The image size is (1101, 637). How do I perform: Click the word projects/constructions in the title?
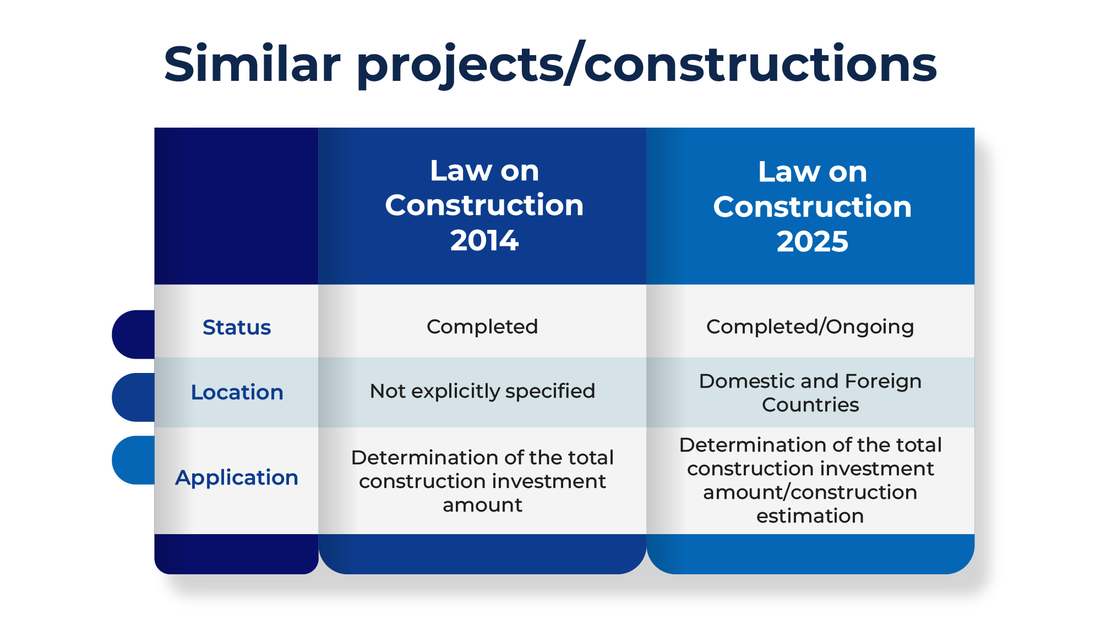tap(647, 65)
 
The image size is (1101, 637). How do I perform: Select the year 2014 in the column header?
tap(484, 240)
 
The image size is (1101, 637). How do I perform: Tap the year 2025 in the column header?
tap(813, 241)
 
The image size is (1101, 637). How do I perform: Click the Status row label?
tap(237, 327)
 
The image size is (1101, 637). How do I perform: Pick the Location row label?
tap(237, 392)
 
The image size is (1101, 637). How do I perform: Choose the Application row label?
tap(237, 478)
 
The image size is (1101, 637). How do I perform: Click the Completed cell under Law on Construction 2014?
tap(482, 327)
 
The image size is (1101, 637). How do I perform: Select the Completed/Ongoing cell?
tap(810, 327)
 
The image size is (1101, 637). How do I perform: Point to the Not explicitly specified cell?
tap(482, 391)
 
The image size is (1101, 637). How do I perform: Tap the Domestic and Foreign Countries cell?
tap(810, 393)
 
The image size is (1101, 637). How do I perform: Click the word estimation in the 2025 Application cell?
tap(810, 516)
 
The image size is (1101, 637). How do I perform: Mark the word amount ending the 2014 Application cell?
tap(482, 505)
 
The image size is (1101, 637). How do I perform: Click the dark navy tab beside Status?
tap(133, 334)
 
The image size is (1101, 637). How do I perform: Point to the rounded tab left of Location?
tap(133, 397)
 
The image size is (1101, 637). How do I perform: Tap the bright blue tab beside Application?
tap(133, 460)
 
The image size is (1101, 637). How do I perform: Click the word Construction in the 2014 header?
tap(484, 205)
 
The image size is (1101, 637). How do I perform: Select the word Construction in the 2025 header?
tap(813, 207)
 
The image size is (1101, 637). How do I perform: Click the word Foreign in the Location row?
tap(883, 381)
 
